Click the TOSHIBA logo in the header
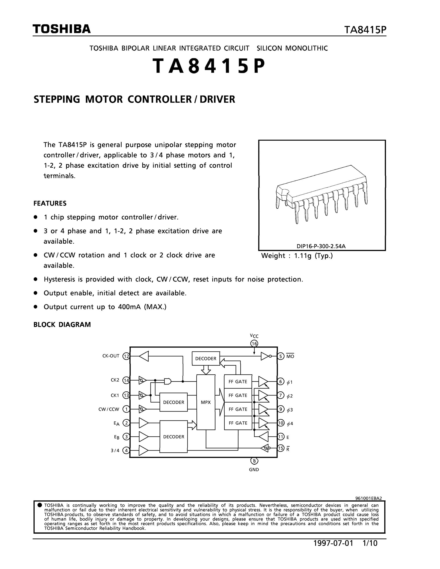61,29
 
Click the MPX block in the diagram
206,402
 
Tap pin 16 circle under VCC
254,344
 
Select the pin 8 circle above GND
254,461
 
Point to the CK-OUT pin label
111,356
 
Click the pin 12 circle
126,356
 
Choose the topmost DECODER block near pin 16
206,358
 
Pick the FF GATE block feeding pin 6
238,381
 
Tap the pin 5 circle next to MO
281,356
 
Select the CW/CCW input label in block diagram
109,409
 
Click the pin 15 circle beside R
281,448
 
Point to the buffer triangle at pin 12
144,356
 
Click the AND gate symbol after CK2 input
168,381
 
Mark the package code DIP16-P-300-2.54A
321,246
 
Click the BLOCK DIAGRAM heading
62,325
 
